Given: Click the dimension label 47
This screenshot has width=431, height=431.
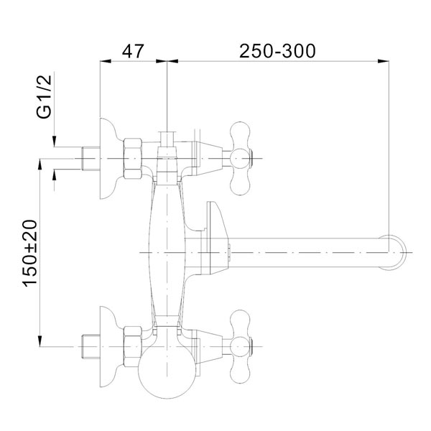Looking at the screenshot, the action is (133, 51).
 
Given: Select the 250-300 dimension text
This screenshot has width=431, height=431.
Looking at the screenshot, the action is (277, 51).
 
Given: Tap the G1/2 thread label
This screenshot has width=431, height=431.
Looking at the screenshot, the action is (45, 96).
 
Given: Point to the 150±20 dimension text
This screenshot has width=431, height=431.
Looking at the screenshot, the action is (29, 254).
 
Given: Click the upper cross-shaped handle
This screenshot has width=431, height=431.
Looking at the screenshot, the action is (240, 158).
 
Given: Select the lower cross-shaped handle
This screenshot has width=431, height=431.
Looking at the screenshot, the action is (240, 347).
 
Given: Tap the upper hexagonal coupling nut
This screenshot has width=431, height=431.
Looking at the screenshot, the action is (133, 159).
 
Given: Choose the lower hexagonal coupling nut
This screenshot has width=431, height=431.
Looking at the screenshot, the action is (133, 347).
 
